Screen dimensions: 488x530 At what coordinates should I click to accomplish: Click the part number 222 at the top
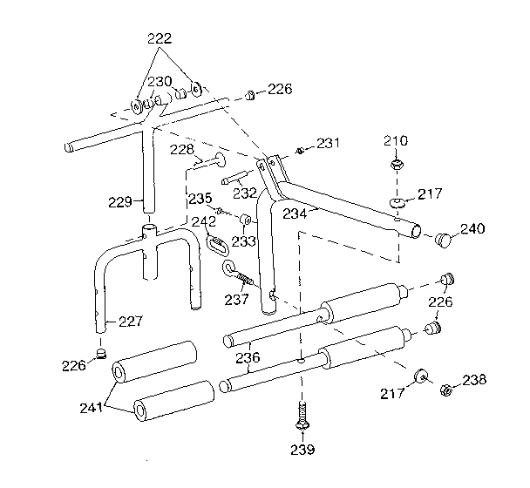(x=160, y=37)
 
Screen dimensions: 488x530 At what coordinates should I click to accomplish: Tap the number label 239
(x=302, y=450)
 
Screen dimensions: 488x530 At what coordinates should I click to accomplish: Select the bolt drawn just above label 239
(x=302, y=416)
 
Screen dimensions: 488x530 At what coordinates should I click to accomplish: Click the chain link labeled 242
(x=214, y=247)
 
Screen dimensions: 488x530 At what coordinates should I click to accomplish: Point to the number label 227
(x=130, y=322)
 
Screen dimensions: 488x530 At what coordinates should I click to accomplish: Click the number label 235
(x=200, y=198)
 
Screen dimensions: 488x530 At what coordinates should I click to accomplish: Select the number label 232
(x=244, y=193)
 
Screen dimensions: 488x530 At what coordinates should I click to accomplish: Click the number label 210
(x=395, y=140)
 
